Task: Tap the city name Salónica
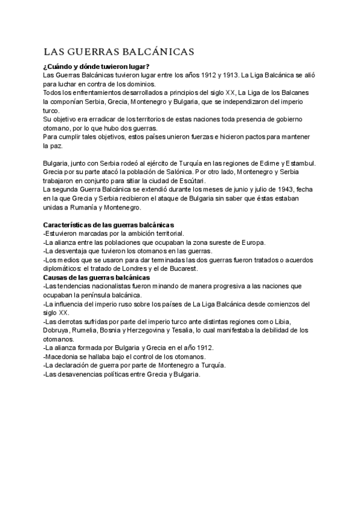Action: [x=181, y=172]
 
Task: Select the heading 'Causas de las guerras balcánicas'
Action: [x=97, y=278]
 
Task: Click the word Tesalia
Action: [x=206, y=331]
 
